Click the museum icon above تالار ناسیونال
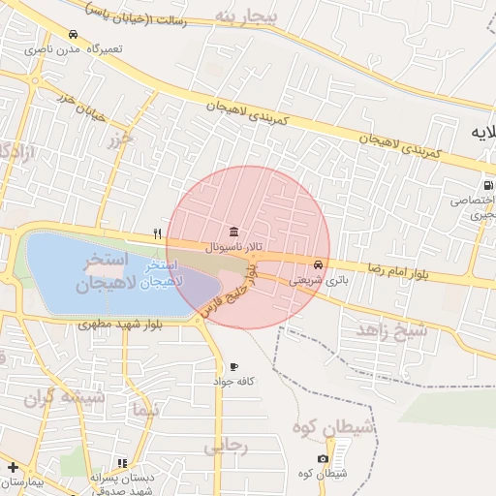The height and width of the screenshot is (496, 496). coord(234,232)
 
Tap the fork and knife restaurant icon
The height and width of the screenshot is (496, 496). coord(157,233)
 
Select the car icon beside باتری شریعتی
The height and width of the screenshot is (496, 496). coord(319,264)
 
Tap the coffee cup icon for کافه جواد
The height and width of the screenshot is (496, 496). coord(233,367)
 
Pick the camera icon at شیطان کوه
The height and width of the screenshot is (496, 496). coord(323,458)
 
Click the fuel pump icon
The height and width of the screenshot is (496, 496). coord(485,186)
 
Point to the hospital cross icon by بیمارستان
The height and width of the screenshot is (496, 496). coord(12,467)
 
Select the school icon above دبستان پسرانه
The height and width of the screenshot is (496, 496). coord(121,464)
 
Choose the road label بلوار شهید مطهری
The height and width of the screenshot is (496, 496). coord(108,325)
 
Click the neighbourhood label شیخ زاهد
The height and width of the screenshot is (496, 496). coord(391,330)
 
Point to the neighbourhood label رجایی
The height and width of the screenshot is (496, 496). coord(227,446)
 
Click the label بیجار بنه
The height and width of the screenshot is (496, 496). coord(248,17)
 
